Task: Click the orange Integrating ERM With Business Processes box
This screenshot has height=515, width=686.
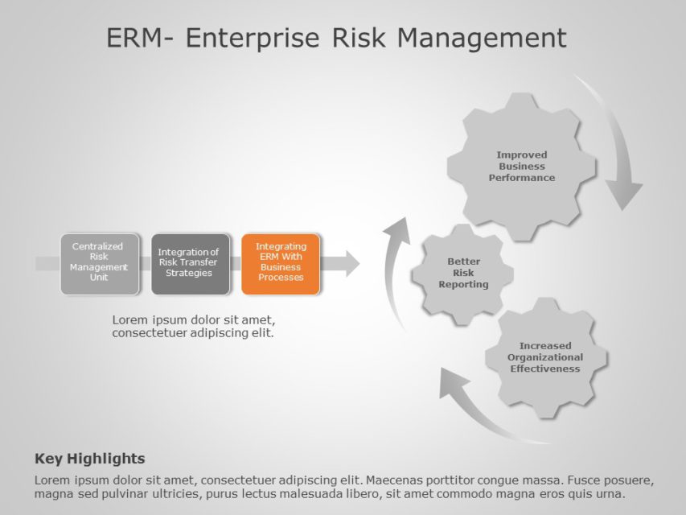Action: pos(281,263)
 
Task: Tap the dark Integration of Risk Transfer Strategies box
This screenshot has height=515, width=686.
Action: pos(189,263)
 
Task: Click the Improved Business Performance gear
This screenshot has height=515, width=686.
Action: pos(521,166)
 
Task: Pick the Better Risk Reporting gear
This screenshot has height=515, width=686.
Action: pos(463,273)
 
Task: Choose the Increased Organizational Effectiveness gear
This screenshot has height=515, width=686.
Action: pos(544,357)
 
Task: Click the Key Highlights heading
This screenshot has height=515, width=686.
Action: pos(90,459)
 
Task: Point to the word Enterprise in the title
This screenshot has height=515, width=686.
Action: pos(253,38)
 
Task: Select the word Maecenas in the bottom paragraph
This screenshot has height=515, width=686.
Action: pos(393,480)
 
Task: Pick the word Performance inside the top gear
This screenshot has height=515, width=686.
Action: pos(521,178)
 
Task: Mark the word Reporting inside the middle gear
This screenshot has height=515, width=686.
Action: pos(463,285)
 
